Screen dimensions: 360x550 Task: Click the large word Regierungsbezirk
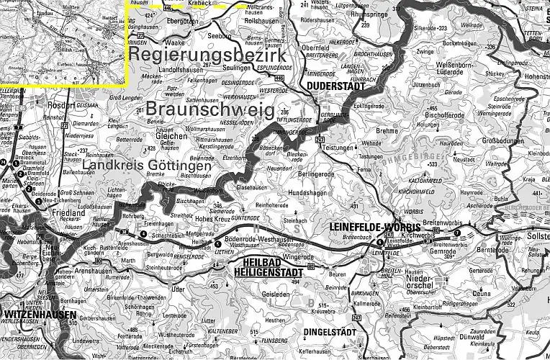[x=208, y=55]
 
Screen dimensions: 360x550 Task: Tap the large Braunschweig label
[x=209, y=109]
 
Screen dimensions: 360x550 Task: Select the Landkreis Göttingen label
[x=147, y=166]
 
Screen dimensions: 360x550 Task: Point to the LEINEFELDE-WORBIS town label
[x=364, y=226]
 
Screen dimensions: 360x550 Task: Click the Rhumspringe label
[x=369, y=14]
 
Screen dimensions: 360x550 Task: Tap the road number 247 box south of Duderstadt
[x=320, y=139]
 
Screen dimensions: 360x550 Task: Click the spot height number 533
[x=434, y=165]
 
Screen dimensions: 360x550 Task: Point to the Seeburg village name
[x=220, y=35]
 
